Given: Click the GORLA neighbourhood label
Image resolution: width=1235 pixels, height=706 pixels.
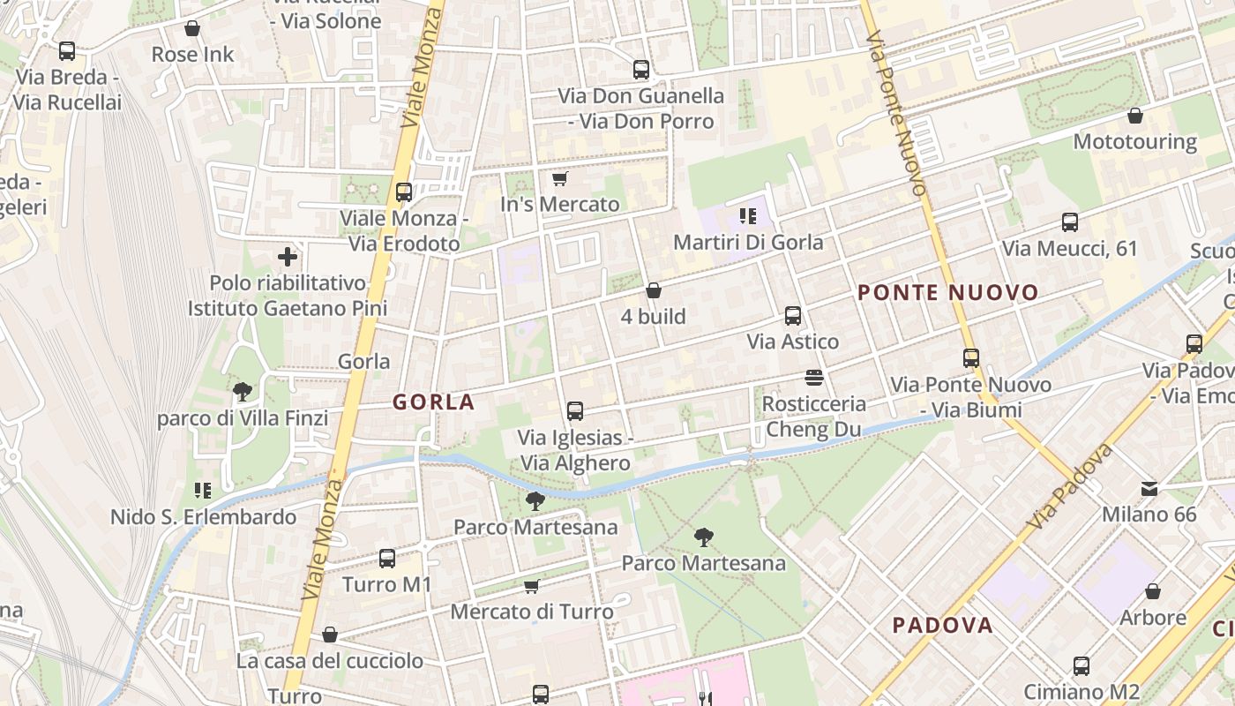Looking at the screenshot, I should (x=433, y=402).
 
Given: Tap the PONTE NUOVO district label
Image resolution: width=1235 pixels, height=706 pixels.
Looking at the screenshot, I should (x=948, y=293).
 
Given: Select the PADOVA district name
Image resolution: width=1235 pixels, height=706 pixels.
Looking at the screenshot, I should (x=942, y=626).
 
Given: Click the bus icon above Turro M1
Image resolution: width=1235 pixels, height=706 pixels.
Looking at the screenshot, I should (x=387, y=558).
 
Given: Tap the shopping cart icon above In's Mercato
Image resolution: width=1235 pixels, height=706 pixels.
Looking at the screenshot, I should (x=559, y=179).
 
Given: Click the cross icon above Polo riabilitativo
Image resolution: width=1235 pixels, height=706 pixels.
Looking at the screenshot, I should (x=288, y=258).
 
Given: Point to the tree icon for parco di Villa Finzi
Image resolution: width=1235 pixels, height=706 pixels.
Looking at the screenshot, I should (x=243, y=392).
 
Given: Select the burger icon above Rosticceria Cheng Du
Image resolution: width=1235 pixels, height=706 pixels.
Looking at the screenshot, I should (x=814, y=378).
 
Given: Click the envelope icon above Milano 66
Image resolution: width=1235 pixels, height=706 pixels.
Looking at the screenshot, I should (x=1149, y=488).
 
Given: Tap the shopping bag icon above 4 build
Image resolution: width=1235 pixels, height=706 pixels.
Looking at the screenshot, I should (x=654, y=290).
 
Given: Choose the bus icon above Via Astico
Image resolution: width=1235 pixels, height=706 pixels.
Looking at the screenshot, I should (x=793, y=315).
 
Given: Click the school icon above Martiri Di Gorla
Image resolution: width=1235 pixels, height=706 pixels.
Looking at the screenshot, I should (x=748, y=216).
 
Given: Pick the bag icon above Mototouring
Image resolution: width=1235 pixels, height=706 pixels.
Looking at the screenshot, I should (x=1135, y=116).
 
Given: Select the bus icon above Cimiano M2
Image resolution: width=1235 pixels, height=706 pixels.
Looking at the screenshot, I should (x=1082, y=665).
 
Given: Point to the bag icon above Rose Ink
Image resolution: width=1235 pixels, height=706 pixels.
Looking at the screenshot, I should (x=192, y=29).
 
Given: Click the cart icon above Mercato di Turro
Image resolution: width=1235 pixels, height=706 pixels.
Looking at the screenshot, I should (x=532, y=586).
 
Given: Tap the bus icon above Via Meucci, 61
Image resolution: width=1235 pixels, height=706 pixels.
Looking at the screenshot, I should (x=1070, y=222).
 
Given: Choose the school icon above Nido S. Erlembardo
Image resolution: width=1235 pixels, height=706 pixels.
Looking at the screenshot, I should (x=203, y=491).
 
